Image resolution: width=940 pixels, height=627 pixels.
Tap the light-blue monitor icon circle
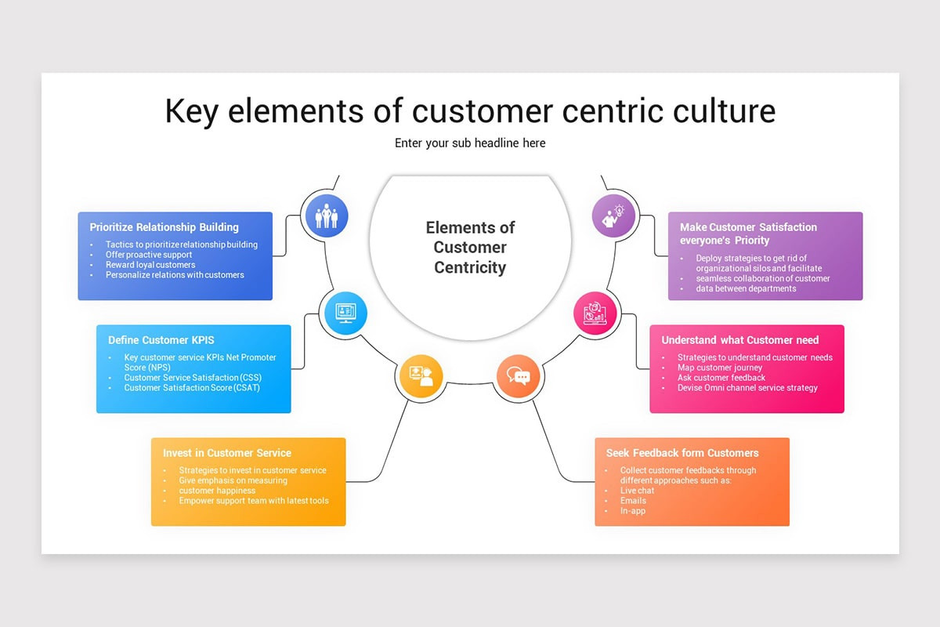[x=345, y=313]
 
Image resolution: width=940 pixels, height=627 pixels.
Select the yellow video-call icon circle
[x=421, y=376]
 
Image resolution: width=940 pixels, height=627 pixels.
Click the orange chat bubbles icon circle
[x=518, y=376]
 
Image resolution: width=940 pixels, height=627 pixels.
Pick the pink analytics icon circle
[x=595, y=313]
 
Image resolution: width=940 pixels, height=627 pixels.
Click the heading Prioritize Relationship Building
[x=164, y=227]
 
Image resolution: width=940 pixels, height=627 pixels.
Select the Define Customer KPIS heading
[x=161, y=340]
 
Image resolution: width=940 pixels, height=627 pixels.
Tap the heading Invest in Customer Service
[x=226, y=453]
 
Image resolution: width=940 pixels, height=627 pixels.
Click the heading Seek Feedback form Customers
[x=681, y=453]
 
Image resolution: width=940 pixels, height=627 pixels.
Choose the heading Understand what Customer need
[x=739, y=340]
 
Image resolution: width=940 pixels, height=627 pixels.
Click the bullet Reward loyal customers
[x=150, y=265]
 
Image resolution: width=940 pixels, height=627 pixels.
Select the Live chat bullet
[x=637, y=491]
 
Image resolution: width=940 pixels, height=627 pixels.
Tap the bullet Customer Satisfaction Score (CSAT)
[x=192, y=388]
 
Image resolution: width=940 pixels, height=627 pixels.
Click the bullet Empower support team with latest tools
[x=253, y=501]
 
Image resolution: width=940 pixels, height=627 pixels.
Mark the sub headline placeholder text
[x=470, y=143]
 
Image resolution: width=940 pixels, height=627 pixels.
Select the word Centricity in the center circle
[x=470, y=267]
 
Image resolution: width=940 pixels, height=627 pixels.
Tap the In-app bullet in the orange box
[x=633, y=511]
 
